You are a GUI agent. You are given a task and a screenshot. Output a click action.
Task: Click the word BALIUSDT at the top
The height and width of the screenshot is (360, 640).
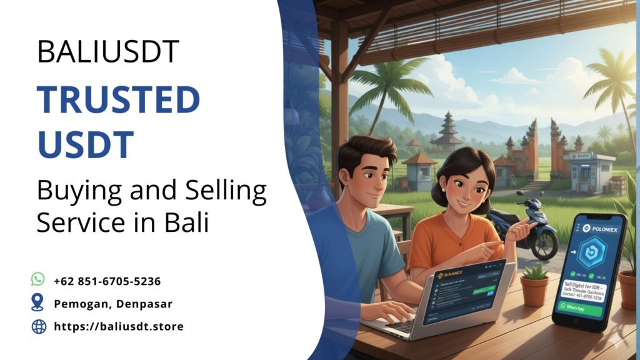pyautogui.click(x=107, y=51)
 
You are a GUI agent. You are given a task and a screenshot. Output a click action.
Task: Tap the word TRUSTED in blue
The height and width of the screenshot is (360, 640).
pyautogui.click(x=118, y=100)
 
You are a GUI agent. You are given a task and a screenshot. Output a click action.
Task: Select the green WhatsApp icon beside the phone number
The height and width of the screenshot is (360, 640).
pyautogui.click(x=38, y=279)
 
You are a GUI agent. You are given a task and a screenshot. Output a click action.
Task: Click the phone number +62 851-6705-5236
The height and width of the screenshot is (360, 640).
pyautogui.click(x=107, y=281)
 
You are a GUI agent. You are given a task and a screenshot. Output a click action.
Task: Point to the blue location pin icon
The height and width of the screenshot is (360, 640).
pyautogui.click(x=38, y=303)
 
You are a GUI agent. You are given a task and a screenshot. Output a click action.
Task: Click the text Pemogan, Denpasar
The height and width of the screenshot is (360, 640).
pyautogui.click(x=112, y=304)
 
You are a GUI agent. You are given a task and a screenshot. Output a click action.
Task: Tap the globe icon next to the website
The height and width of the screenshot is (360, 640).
pyautogui.click(x=39, y=326)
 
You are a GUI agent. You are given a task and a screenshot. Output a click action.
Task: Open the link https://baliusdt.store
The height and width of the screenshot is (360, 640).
pyautogui.click(x=119, y=326)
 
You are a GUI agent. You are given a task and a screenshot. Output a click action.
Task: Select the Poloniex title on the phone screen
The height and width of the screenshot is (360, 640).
pyautogui.click(x=594, y=228)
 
